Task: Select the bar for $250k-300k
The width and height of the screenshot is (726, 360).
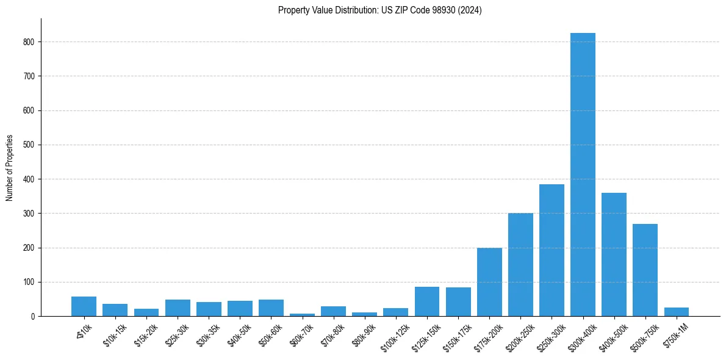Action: pos(552,250)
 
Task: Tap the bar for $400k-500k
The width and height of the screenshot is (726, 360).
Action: pos(614,254)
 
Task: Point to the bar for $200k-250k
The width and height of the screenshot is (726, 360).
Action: pos(520,265)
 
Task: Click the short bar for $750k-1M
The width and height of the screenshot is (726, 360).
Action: pos(676,312)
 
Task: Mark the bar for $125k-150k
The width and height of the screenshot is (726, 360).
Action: pos(427,301)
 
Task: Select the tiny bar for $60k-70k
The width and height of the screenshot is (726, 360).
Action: pos(302,314)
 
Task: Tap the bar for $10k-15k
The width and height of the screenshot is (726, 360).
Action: pos(115,310)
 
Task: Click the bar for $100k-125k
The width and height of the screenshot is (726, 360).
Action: pos(395,312)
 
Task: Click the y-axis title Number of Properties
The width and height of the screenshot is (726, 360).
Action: pos(9,167)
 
